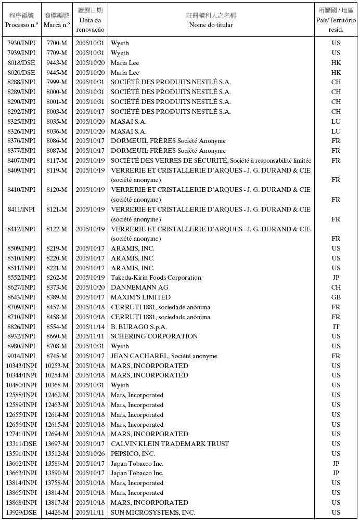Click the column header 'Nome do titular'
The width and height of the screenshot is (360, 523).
[x=211, y=25]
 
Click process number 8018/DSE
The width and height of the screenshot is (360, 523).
[x=21, y=63]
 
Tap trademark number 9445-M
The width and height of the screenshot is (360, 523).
[x=56, y=73]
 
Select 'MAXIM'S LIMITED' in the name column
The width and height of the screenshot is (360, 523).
[x=140, y=297]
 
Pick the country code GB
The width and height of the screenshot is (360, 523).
[x=336, y=297]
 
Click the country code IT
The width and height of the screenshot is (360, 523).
[x=336, y=327]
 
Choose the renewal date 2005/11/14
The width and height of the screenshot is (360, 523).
[x=90, y=327]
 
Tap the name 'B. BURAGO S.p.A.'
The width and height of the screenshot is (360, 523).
[x=139, y=327]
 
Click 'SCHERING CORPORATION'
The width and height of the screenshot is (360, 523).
[x=154, y=336]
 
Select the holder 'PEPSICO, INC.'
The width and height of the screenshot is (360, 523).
[x=133, y=454]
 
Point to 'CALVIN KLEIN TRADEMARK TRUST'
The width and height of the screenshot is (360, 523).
[x=170, y=444]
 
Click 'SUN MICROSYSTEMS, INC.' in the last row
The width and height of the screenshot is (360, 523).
[x=153, y=513]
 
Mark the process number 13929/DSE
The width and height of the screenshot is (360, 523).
[x=21, y=513]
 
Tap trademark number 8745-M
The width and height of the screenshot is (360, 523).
[x=56, y=356]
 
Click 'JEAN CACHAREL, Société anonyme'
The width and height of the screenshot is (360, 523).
[x=164, y=356]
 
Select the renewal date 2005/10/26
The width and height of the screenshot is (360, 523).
[x=90, y=454]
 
